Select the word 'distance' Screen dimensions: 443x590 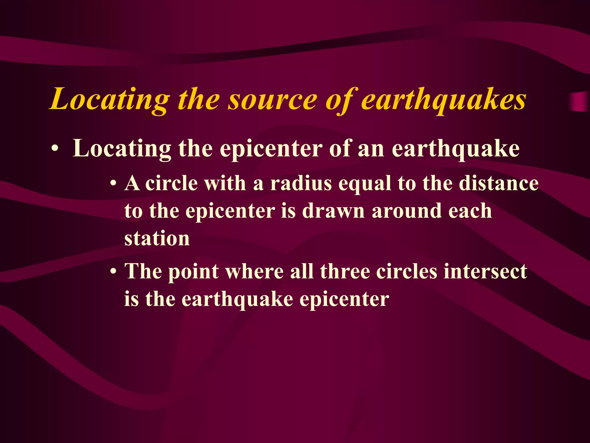(498, 183)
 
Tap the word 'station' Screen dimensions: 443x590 (157, 239)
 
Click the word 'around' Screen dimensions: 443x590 (406, 211)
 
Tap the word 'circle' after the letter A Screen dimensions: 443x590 (171, 183)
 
